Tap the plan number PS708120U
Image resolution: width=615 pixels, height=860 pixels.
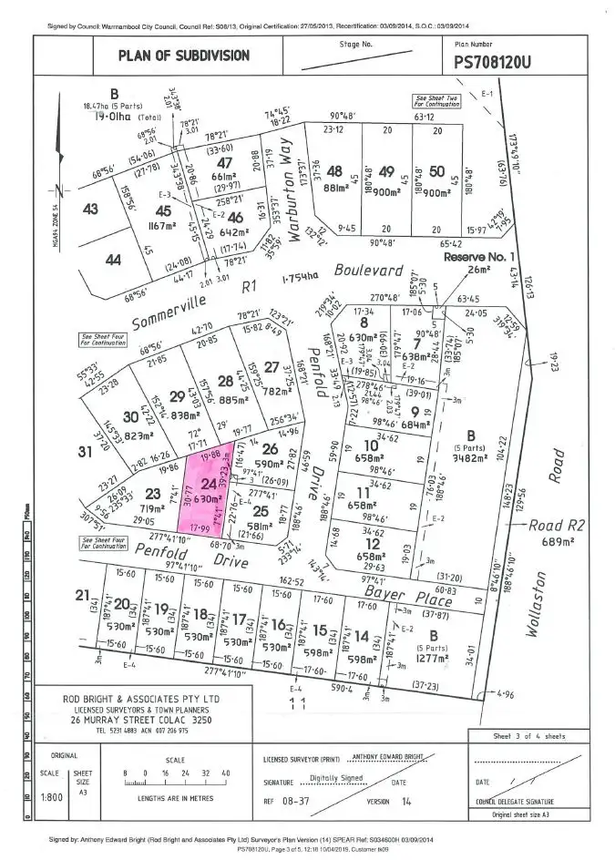coord(504,63)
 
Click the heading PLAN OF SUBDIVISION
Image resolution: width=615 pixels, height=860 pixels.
coord(184,56)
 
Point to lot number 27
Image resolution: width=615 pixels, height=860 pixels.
coord(271,367)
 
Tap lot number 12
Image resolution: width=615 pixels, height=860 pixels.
coord(373,542)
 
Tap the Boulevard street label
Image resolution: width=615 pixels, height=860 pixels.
coord(367,271)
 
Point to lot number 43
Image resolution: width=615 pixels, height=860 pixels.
coord(90,209)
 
